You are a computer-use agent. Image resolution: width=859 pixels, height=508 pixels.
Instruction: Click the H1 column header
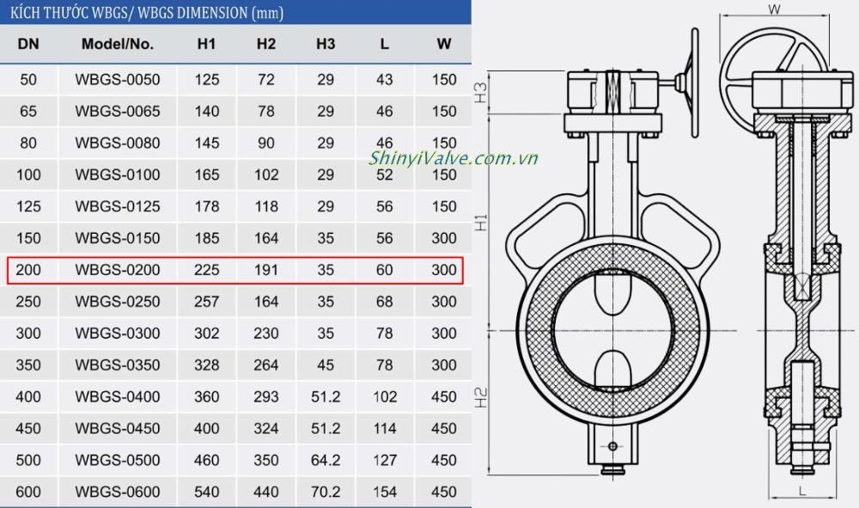pyautogui.click(x=207, y=44)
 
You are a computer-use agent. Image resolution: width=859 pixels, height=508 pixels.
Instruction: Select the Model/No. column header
pyautogui.click(x=118, y=44)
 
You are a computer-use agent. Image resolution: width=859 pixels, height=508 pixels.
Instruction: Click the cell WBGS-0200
pyautogui.click(x=118, y=270)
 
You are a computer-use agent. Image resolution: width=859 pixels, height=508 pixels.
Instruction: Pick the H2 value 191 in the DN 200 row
pyautogui.click(x=266, y=270)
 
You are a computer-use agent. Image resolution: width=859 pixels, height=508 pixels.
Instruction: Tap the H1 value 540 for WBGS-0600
pyautogui.click(x=207, y=492)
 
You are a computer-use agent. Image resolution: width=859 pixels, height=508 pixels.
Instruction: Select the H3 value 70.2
pyautogui.click(x=326, y=492)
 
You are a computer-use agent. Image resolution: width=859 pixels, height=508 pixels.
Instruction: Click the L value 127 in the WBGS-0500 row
pyautogui.click(x=384, y=460)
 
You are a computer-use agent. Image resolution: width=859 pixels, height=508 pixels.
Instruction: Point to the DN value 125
pyautogui.click(x=28, y=206)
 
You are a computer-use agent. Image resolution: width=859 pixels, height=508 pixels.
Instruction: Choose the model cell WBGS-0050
pyautogui.click(x=118, y=80)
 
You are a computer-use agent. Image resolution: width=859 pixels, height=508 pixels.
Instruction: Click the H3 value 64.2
pyautogui.click(x=326, y=460)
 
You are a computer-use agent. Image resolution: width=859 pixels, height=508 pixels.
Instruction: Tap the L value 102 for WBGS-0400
pyautogui.click(x=384, y=397)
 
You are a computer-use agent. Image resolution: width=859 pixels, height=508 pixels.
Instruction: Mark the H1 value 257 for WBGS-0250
pyautogui.click(x=207, y=302)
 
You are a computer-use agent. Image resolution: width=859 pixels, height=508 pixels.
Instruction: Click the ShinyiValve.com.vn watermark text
pyautogui.click(x=454, y=158)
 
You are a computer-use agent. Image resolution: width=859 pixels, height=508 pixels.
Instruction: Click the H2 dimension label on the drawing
pyautogui.click(x=482, y=397)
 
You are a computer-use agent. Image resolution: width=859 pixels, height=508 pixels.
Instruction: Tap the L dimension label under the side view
pyautogui.click(x=801, y=490)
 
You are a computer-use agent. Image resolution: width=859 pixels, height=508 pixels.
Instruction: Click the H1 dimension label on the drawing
pyautogui.click(x=482, y=221)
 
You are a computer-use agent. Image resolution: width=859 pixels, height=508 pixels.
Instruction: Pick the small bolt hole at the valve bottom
pyautogui.click(x=612, y=446)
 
